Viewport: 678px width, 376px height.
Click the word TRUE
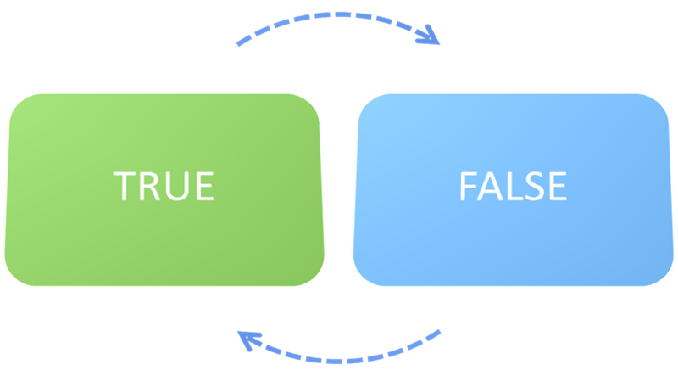(x=164, y=186)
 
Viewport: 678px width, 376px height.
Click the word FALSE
(x=512, y=186)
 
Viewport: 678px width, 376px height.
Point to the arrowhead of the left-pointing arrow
(x=246, y=340)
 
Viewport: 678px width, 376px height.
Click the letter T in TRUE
(x=126, y=186)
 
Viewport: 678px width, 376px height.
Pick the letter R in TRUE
(x=151, y=186)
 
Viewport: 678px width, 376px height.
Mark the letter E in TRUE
(x=203, y=186)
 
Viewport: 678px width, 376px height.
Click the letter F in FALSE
(x=469, y=186)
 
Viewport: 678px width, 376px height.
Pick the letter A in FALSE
(x=491, y=186)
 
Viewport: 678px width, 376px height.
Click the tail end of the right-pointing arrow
(x=240, y=42)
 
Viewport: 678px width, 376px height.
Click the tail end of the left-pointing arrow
(x=438, y=332)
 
